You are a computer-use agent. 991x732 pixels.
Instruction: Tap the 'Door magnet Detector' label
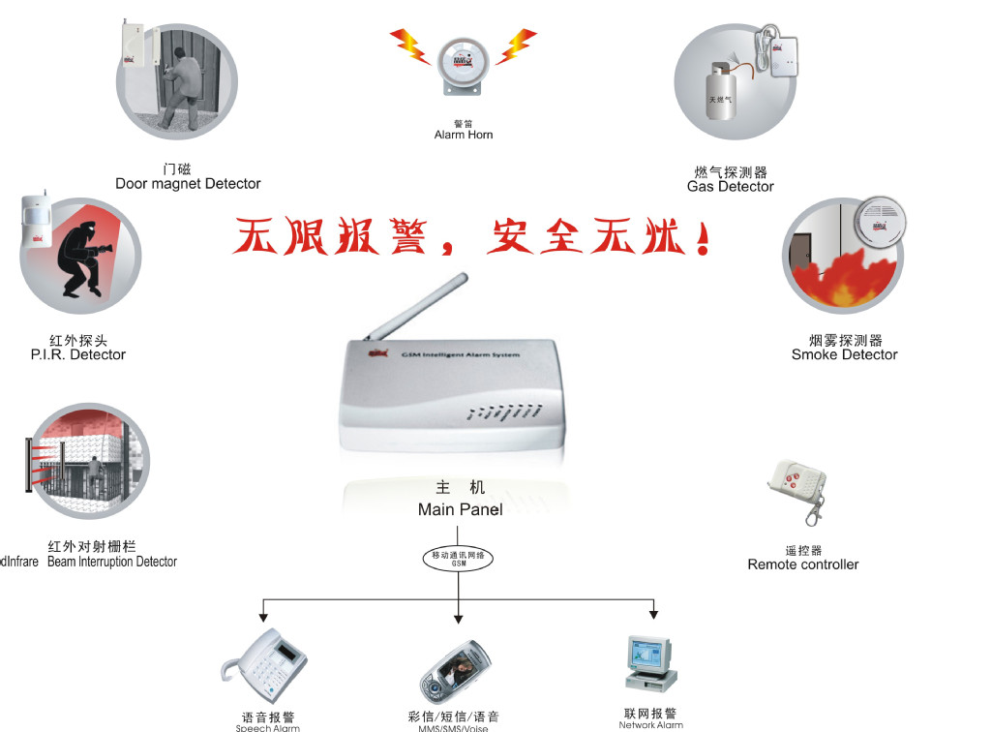pos(188,183)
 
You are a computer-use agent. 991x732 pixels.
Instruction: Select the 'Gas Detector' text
pos(730,186)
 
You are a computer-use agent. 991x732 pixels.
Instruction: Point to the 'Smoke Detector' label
pos(844,354)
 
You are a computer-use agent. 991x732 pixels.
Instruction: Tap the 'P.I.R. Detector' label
pos(78,354)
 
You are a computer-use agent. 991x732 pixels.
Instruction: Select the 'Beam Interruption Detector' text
pos(112,562)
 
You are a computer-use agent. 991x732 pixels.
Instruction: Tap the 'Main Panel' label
pos(460,509)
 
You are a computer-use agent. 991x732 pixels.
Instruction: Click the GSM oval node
pos(459,558)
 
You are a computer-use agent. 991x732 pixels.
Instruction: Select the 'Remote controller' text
pos(802,564)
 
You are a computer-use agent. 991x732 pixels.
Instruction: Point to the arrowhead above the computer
pos(654,613)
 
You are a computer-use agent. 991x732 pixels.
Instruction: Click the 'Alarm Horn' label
pos(464,135)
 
